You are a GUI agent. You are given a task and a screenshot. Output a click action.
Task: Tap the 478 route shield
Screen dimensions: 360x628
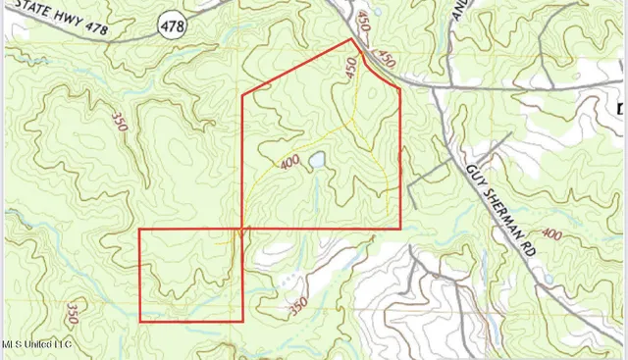click(x=175, y=16)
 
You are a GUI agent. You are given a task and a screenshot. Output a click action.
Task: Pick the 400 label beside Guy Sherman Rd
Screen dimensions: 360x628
click(x=551, y=234)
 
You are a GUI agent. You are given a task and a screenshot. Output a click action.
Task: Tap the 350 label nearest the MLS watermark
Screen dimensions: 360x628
click(x=72, y=314)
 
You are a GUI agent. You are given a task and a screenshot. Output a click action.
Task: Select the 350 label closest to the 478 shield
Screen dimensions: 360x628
click(x=119, y=126)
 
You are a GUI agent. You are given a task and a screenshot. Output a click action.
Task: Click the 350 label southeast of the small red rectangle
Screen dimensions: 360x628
click(x=297, y=306)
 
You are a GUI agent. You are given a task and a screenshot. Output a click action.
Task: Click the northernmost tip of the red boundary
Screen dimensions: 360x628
click(x=353, y=40)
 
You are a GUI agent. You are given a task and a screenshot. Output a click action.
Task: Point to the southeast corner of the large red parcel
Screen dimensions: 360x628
click(x=400, y=229)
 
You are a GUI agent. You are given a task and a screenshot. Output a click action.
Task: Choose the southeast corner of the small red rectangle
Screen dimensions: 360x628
click(x=242, y=321)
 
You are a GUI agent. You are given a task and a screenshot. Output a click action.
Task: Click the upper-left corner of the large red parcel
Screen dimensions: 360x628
click(x=242, y=94)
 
